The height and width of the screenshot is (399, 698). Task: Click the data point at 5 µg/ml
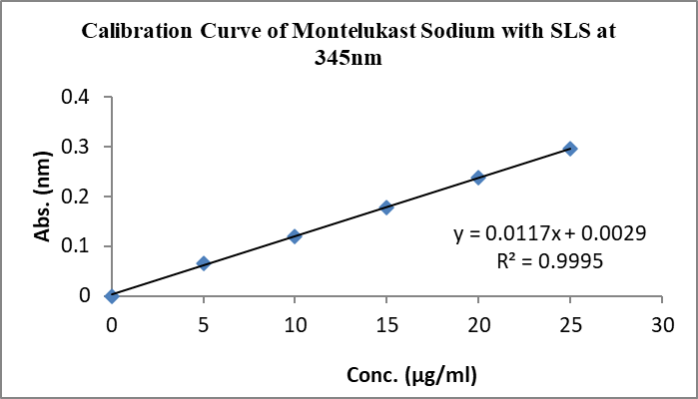[x=204, y=263]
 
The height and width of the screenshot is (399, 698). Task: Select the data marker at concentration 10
[x=295, y=236]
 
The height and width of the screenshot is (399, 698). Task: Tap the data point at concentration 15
[x=386, y=207]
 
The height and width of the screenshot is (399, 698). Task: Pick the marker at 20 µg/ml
[x=478, y=178]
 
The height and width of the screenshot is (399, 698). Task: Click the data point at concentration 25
[x=570, y=149]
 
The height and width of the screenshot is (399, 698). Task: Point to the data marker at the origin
[x=112, y=295]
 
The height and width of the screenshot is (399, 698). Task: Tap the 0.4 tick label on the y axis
[x=77, y=98]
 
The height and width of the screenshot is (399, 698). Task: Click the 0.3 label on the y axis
[x=77, y=148]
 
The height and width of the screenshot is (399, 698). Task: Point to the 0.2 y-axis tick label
[x=77, y=197]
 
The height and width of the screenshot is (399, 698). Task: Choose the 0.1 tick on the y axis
[x=77, y=246]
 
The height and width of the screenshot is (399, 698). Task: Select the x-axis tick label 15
[x=386, y=325]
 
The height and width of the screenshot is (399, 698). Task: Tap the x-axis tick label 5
[x=204, y=325]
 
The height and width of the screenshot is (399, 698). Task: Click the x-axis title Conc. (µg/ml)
[x=410, y=375]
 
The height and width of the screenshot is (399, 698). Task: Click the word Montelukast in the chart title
[x=348, y=31]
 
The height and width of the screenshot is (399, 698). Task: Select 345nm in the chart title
[x=349, y=58]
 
